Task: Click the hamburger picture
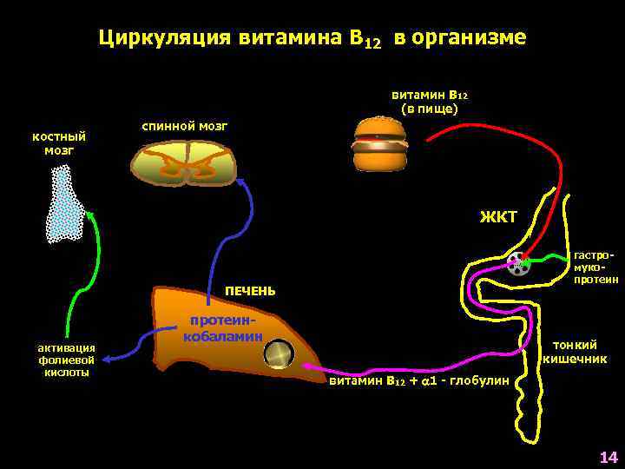[x=379, y=144]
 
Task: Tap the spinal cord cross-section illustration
[x=184, y=163]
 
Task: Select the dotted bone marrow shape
[x=65, y=203]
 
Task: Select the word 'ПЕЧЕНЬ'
[x=250, y=290]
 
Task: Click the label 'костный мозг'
[x=59, y=143]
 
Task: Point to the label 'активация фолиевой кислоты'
[x=66, y=360]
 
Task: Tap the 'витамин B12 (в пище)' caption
[x=430, y=102]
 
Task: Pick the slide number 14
[x=608, y=457]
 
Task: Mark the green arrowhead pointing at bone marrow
[x=89, y=215]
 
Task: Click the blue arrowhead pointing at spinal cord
[x=241, y=182]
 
